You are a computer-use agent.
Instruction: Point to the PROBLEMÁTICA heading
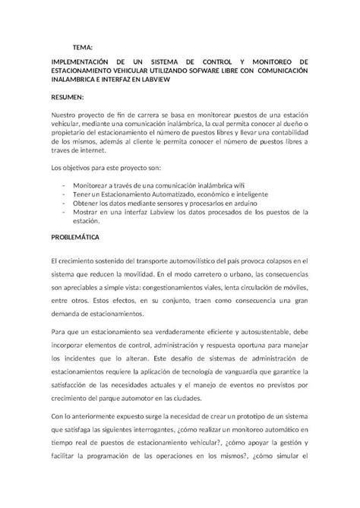click(x=77, y=237)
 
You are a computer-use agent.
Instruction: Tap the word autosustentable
click(x=248, y=331)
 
